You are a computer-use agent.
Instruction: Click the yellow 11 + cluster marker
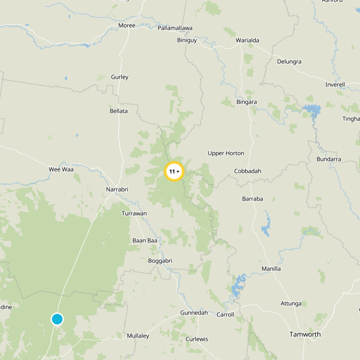click(x=174, y=171)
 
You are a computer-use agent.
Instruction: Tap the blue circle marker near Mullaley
click(x=57, y=319)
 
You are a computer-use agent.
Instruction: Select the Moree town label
click(x=126, y=25)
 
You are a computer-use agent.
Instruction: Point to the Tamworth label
click(x=305, y=334)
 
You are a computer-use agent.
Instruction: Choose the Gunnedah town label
click(x=193, y=313)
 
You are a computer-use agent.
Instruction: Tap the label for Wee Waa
click(x=61, y=169)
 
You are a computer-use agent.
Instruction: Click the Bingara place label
click(x=247, y=102)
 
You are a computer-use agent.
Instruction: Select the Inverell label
click(x=335, y=85)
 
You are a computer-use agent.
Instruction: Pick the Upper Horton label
click(x=226, y=153)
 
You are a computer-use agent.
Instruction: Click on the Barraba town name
click(x=252, y=198)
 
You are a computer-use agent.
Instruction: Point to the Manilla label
click(x=271, y=269)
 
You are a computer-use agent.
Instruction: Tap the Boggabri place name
click(x=160, y=261)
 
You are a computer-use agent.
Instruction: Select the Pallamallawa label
click(x=175, y=28)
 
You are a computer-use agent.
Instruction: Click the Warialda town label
click(x=247, y=40)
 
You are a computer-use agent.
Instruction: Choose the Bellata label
click(x=119, y=111)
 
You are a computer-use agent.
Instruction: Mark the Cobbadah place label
click(x=247, y=171)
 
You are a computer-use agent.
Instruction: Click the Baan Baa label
click(x=145, y=240)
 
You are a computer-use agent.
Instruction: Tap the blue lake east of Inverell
click(x=311, y=109)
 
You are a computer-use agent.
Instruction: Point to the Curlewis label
click(x=197, y=339)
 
